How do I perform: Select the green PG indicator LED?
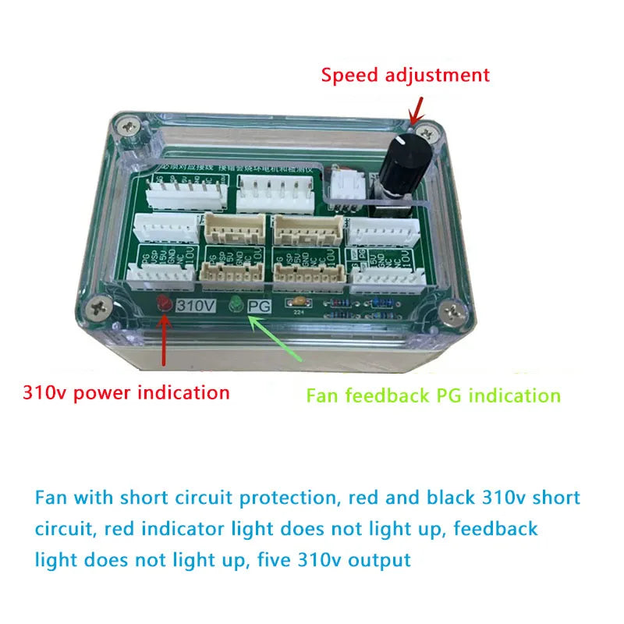[x=236, y=307]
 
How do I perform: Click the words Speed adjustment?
[x=406, y=75]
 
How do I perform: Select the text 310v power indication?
[x=126, y=392]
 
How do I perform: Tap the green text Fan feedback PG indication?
[x=433, y=395]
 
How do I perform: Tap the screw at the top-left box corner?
[x=129, y=123]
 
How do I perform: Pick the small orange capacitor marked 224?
[x=298, y=303]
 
